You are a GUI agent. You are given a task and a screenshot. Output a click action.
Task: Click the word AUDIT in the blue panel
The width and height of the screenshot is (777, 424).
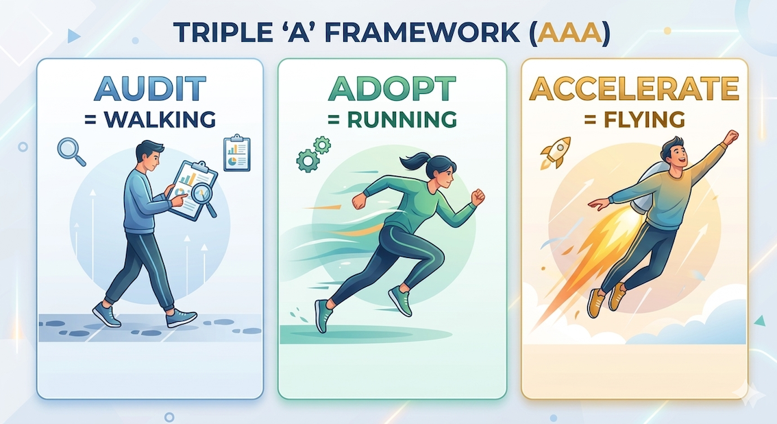coord(149,89)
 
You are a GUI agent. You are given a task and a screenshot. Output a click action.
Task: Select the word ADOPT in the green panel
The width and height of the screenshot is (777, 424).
coord(391,89)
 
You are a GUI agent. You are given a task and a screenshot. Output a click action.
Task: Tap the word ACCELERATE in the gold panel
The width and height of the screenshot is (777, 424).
coord(634,89)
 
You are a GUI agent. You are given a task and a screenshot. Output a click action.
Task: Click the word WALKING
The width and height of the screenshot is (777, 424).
coord(150,119)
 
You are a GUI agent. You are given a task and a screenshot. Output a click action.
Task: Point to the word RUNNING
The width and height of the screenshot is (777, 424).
coord(392,119)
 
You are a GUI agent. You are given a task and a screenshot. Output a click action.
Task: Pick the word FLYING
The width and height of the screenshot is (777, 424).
coord(634,119)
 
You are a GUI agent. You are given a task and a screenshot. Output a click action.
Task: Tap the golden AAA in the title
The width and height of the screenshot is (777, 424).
coord(570,33)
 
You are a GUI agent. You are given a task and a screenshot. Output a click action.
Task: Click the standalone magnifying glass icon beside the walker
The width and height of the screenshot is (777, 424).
coord(71,151)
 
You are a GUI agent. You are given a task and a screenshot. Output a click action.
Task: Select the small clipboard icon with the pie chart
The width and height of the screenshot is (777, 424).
coord(237,153)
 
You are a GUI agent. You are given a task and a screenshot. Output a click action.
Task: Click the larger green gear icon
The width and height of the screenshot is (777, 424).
coord(308,160)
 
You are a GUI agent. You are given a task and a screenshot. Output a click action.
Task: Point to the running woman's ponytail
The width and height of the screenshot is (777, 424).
coord(412,161)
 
